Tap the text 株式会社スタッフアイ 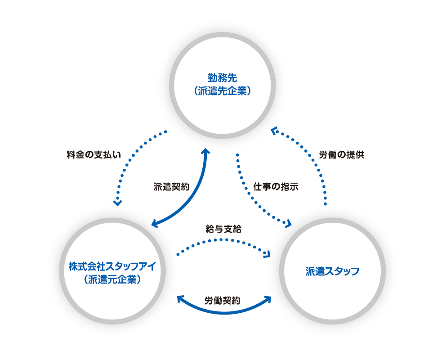coord(112,266)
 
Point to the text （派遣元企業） coord(112,279)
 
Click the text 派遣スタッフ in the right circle coord(332,271)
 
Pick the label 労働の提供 coord(341,155)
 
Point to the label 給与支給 coord(223,229)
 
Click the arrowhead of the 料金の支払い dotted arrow coord(118,202)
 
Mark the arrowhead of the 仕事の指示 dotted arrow coord(289,223)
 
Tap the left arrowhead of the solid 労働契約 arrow coord(179,298)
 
